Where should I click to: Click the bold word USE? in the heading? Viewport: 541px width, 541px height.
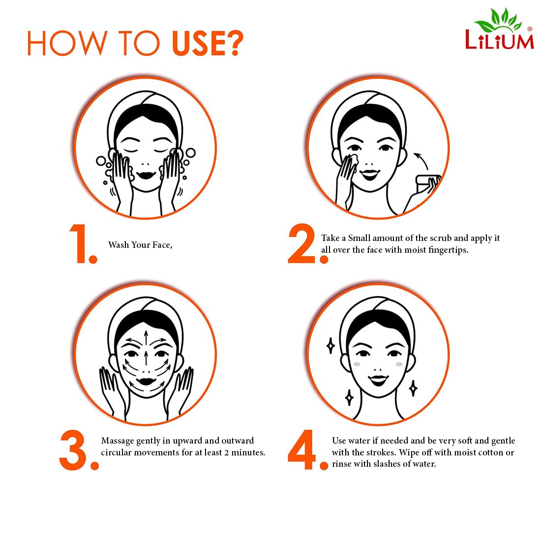pos(208,43)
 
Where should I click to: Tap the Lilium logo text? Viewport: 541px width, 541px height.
pos(499,40)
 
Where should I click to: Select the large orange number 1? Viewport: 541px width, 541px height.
pos(83,244)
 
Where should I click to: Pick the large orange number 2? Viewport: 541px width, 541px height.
pos(307,244)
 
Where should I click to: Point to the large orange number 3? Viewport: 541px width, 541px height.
pos(79,450)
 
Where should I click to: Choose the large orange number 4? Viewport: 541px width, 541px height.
pos(307,450)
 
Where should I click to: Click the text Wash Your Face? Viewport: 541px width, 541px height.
pos(140,245)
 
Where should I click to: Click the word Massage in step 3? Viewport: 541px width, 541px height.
pos(118,441)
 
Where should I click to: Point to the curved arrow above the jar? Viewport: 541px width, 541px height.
pos(422,160)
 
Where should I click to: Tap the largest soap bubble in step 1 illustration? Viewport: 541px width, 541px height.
pos(190,152)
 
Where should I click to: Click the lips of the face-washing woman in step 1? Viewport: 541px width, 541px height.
pos(146,175)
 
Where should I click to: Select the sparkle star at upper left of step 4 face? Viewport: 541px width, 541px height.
pos(331,346)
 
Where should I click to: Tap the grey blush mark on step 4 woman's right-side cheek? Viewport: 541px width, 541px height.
pos(399,364)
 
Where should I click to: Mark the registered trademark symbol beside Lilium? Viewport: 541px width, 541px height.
pos(530,29)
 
